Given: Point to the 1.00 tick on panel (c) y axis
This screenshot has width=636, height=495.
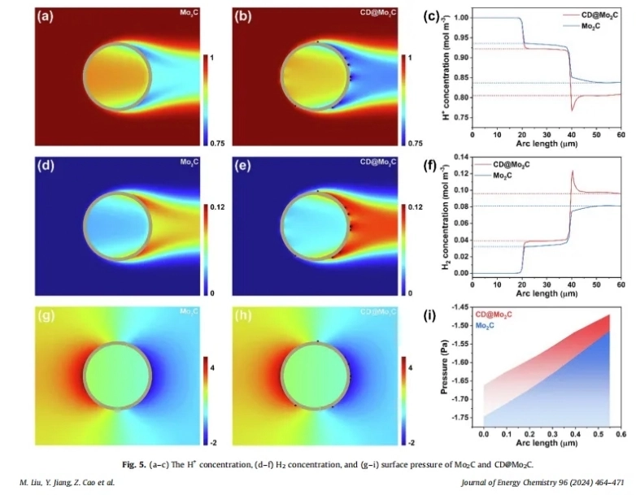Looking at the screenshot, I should [x=462, y=17].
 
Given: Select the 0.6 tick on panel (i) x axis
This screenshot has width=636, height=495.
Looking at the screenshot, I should [x=621, y=436].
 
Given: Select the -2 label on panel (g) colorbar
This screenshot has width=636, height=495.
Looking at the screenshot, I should [x=210, y=442].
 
